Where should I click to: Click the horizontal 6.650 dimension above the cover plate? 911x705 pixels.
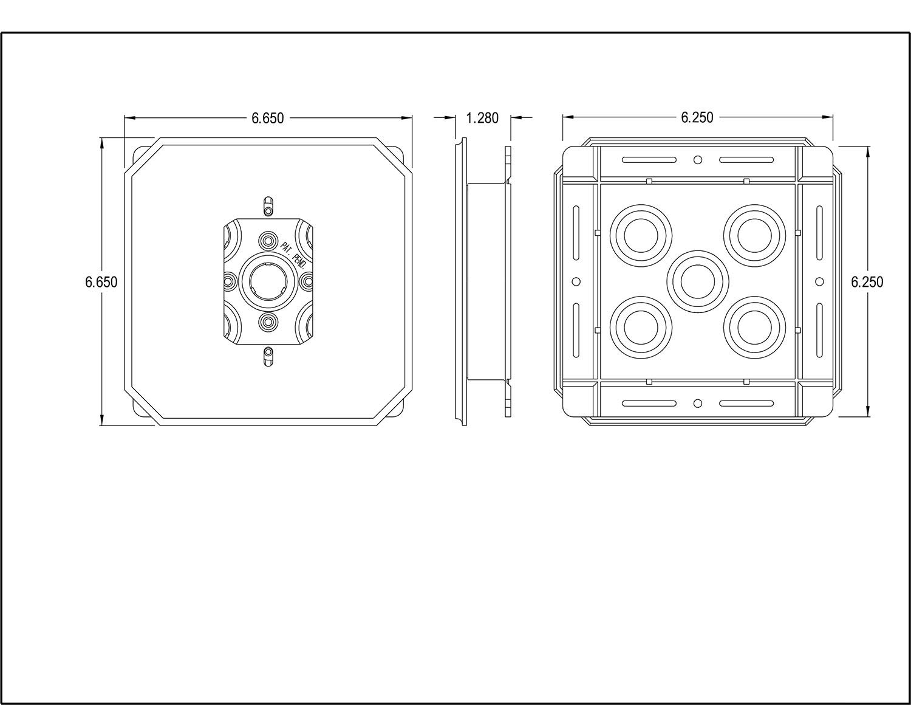coord(268,118)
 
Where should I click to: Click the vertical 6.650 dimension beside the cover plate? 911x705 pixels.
coord(101,282)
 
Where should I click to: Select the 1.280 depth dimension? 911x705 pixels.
coord(482,118)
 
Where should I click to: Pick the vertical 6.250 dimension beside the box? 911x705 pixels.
coord(867,282)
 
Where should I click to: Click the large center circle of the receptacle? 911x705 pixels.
coord(268,281)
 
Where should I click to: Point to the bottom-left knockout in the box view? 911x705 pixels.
coord(641,327)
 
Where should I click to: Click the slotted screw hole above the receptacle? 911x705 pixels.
coord(268,205)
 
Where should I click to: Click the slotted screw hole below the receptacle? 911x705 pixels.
coord(268,357)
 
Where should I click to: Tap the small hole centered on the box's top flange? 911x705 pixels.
coord(698,160)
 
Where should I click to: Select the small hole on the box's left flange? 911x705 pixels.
coord(576,281)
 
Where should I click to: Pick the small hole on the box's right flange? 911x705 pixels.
coord(819,281)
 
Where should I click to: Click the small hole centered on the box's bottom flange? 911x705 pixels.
coord(698,403)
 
